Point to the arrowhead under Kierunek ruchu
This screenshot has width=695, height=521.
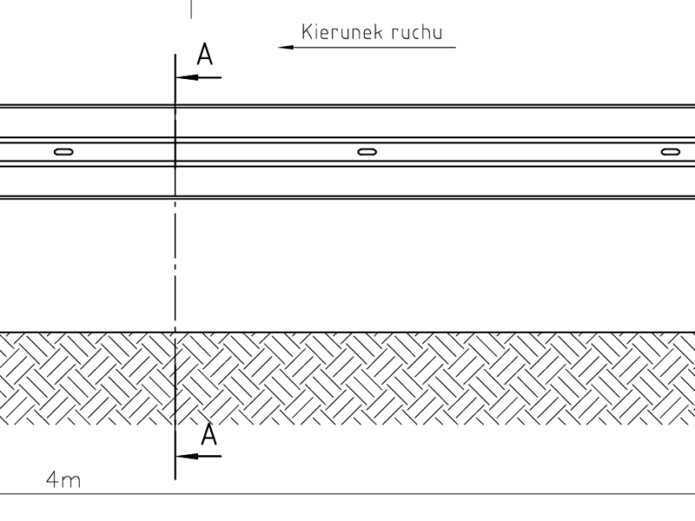[x=286, y=47]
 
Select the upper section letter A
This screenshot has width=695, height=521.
[x=205, y=55]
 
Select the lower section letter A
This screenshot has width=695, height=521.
[x=208, y=434]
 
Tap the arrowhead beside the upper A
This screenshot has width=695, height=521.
[x=187, y=77]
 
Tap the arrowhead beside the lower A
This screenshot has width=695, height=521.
[x=187, y=456]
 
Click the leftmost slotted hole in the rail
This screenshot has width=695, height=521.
[x=63, y=152]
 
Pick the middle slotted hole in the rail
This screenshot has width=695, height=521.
[x=367, y=152]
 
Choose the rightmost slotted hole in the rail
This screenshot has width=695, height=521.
[x=670, y=152]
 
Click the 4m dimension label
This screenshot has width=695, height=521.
[x=63, y=480]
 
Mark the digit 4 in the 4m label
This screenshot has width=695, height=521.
[x=53, y=479]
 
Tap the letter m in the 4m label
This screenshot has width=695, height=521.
[x=71, y=482]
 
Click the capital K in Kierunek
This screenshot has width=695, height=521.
[x=307, y=32]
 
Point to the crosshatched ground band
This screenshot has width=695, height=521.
[x=347, y=379]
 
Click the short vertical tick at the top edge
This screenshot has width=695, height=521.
[x=191, y=9]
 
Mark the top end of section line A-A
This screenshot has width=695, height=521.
[x=175, y=54]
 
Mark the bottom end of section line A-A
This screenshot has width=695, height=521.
[x=175, y=480]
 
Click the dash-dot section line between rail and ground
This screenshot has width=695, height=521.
[x=175, y=265]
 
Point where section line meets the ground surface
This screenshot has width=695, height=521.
[x=175, y=332]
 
